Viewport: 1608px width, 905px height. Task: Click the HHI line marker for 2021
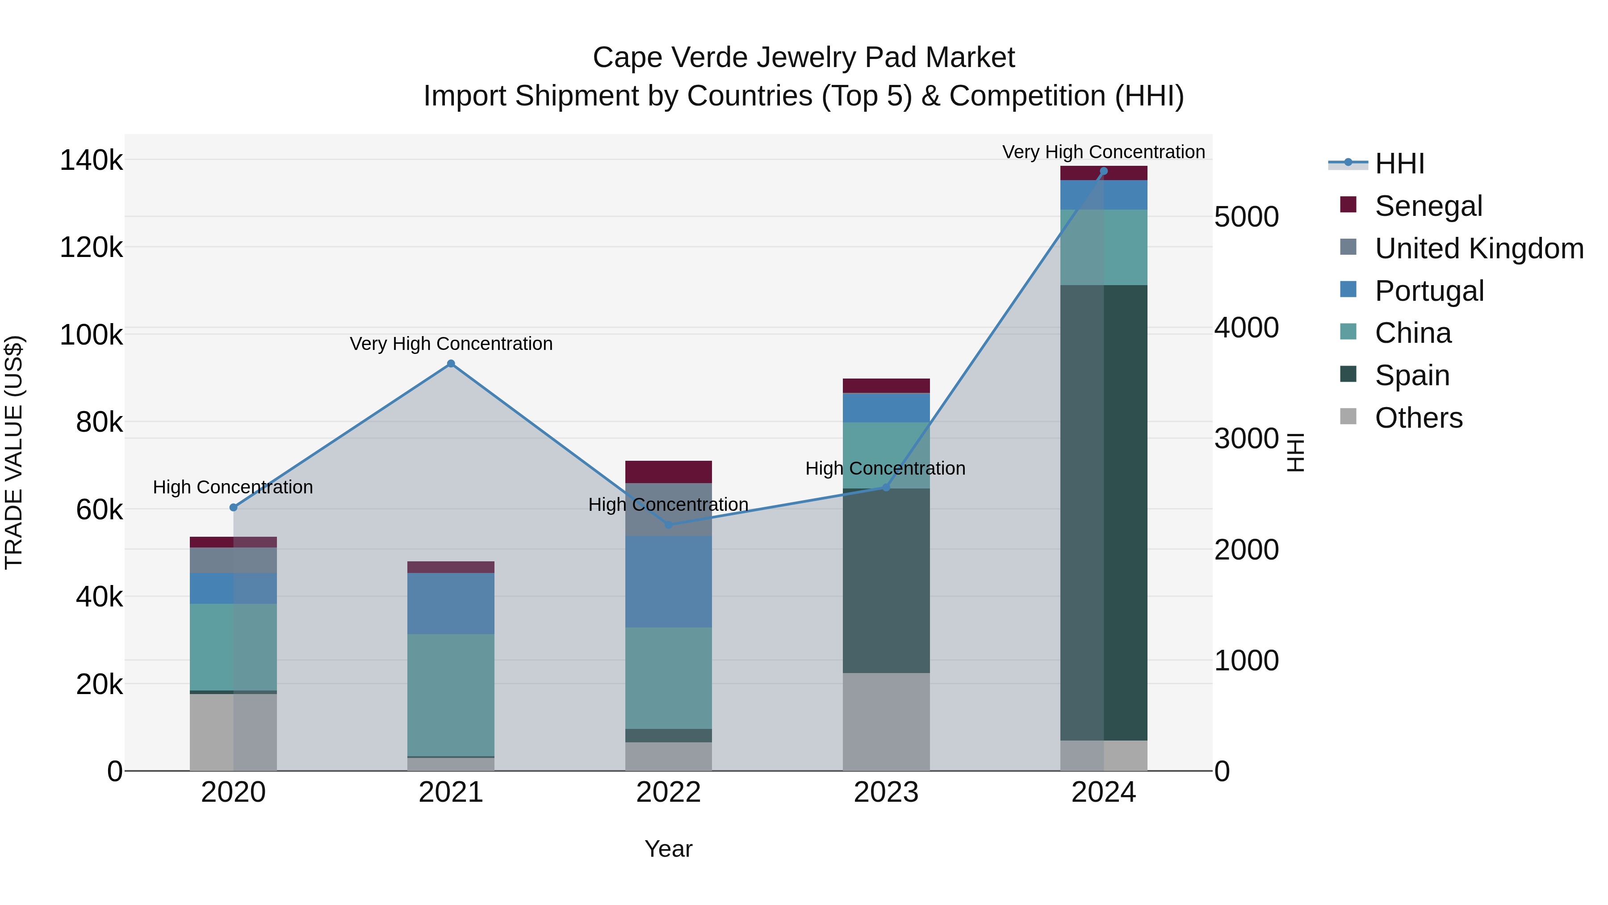click(451, 363)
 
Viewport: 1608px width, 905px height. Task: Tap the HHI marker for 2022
click(669, 525)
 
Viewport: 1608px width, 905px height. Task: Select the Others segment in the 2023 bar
click(886, 721)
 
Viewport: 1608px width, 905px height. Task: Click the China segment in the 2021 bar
click(451, 695)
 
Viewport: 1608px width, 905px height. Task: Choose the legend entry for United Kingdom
click(1479, 248)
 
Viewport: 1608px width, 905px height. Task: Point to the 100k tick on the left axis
click(91, 335)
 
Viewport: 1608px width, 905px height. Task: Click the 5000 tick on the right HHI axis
click(1246, 217)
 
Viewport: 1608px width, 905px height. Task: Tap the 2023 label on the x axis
click(886, 792)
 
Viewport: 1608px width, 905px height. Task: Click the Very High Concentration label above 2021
click(451, 344)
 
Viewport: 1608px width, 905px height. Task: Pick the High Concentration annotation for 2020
click(233, 487)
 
